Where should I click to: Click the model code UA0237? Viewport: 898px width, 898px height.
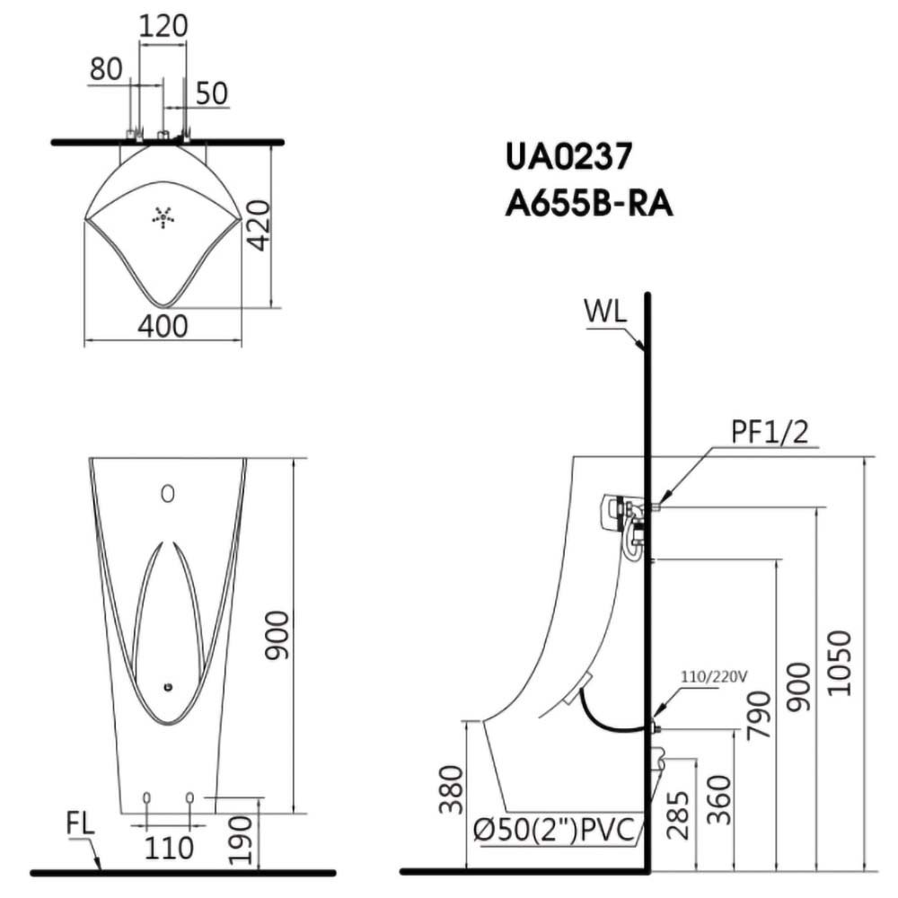click(568, 156)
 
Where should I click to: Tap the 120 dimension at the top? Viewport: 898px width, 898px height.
click(163, 26)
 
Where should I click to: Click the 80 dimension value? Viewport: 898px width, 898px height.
click(106, 69)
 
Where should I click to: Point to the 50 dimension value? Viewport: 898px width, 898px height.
click(212, 93)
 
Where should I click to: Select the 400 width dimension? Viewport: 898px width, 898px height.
click(163, 327)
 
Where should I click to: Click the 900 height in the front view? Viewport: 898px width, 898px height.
click(277, 636)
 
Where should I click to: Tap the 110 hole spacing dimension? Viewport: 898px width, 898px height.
click(169, 849)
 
